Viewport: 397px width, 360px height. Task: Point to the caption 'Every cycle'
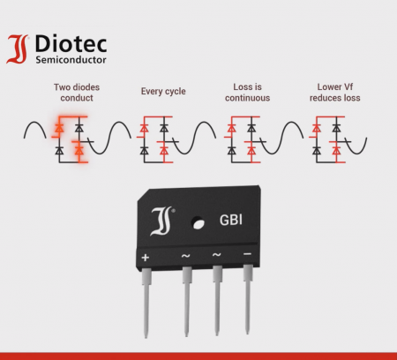tap(163, 92)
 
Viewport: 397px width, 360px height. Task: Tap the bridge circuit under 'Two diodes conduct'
tap(68, 140)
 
